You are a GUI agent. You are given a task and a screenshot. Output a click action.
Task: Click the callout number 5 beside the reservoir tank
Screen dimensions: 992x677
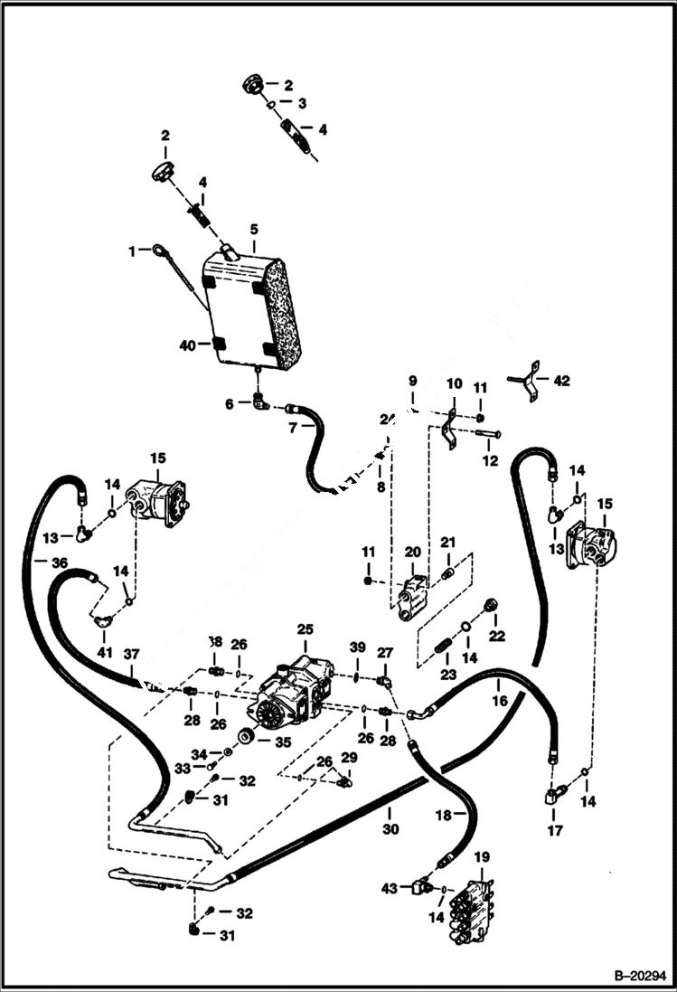pyautogui.click(x=255, y=230)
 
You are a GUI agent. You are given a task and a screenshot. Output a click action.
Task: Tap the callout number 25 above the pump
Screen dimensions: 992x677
pyautogui.click(x=305, y=628)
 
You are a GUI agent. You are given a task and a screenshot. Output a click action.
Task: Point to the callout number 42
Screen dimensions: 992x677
pyautogui.click(x=561, y=381)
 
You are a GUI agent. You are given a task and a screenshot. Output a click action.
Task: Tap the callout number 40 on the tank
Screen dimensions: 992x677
pyautogui.click(x=187, y=345)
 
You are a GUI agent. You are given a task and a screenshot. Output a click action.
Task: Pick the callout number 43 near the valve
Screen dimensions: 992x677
pyautogui.click(x=390, y=889)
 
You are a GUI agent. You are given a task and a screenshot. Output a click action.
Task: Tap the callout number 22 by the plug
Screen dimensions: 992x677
pyautogui.click(x=496, y=637)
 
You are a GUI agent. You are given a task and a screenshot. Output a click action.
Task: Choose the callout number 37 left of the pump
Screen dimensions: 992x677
pyautogui.click(x=132, y=654)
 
